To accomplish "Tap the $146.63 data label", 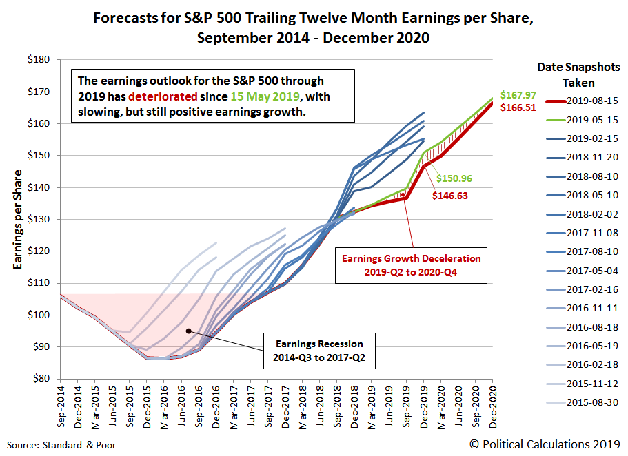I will coord(449,196).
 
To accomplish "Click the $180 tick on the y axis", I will coord(39,60).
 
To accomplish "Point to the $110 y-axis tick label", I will coord(39,283).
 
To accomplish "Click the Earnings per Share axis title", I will coord(18,219).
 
